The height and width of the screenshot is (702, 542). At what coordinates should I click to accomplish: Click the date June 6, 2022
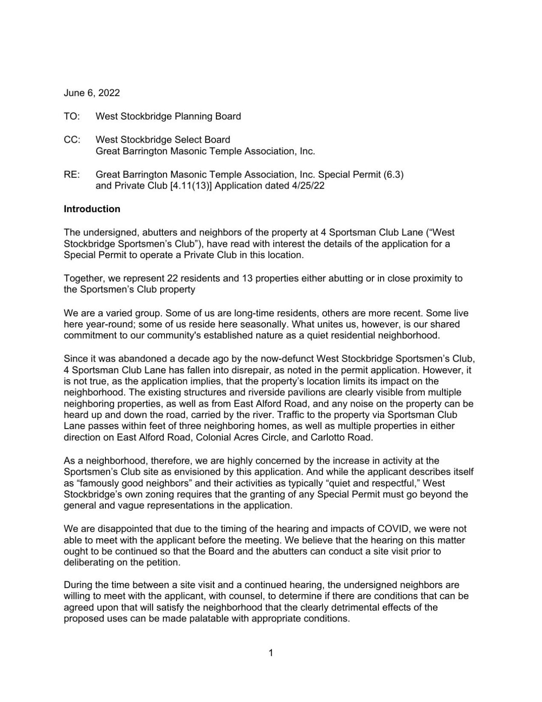92,93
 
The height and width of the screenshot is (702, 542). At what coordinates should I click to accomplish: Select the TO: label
72,116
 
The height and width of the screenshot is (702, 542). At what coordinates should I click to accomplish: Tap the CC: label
72,140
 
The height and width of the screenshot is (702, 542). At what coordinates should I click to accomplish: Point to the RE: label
72,175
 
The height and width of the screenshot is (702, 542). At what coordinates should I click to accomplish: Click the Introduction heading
92,209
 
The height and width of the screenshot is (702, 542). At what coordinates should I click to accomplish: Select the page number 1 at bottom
271,653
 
